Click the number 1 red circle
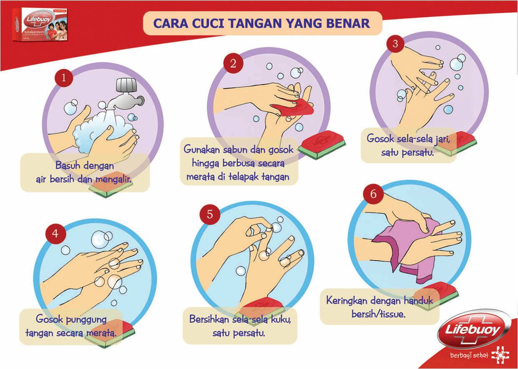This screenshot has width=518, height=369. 64,77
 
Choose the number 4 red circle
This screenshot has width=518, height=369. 55,234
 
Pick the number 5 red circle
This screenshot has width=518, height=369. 210,214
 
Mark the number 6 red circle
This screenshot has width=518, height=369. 373,195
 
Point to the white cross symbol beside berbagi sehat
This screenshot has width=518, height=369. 500,355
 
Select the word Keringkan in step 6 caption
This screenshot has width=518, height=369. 347,300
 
